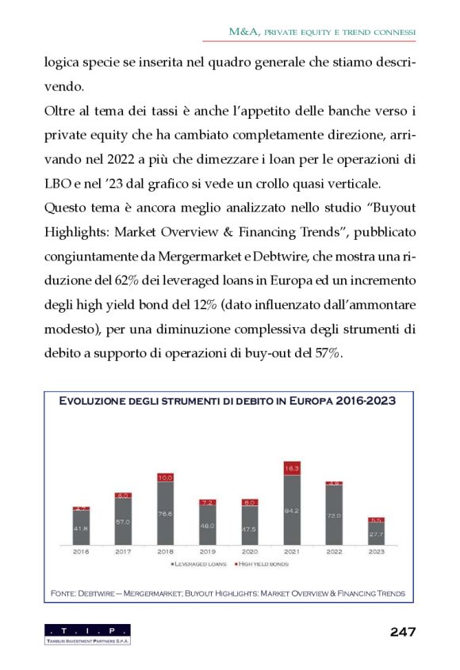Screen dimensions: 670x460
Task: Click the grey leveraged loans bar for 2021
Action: [292, 510]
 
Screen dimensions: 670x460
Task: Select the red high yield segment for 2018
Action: [165, 478]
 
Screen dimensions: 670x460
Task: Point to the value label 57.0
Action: [123, 522]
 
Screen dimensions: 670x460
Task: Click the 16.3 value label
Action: [292, 469]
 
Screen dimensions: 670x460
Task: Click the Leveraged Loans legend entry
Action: [197, 564]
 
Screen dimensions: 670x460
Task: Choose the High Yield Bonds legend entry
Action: [263, 564]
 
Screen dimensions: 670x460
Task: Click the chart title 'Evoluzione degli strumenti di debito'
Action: [228, 401]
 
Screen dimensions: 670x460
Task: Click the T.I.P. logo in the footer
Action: [87, 634]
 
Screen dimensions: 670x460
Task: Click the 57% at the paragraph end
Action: [328, 354]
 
